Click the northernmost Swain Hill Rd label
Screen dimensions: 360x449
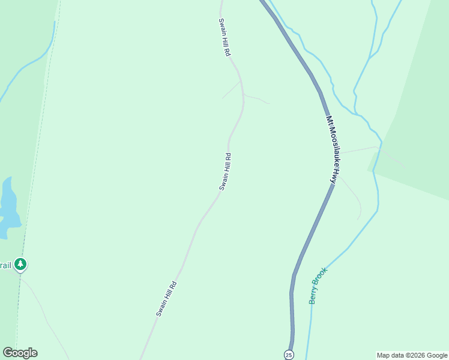point(224,37)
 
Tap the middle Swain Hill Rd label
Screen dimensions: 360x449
point(225,172)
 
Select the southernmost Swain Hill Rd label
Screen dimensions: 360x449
point(166,299)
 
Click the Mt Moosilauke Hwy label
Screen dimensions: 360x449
point(333,149)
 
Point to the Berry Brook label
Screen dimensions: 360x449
point(318,286)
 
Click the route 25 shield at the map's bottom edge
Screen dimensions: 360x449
point(289,354)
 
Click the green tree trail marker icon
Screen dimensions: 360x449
point(21,264)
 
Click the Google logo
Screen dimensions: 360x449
point(20,353)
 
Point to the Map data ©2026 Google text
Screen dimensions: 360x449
point(411,355)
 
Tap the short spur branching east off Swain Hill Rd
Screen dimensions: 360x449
point(256,98)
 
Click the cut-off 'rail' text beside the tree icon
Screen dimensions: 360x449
point(5,265)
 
